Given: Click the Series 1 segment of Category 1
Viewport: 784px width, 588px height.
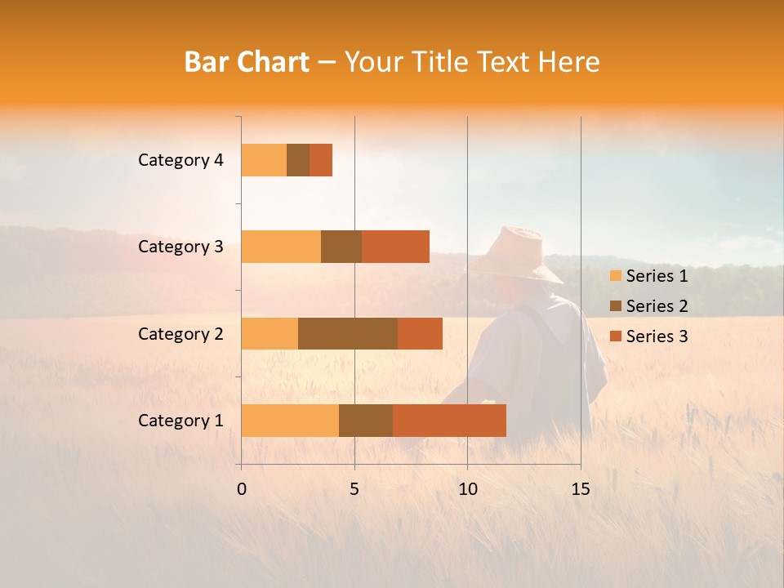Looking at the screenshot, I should (x=290, y=420).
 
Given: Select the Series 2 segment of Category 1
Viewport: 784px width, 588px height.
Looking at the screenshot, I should (x=366, y=420).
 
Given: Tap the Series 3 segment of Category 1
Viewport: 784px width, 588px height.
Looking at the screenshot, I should (x=449, y=420).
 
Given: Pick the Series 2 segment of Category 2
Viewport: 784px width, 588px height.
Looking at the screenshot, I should (x=348, y=333).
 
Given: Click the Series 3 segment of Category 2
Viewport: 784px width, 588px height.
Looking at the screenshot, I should (x=420, y=333).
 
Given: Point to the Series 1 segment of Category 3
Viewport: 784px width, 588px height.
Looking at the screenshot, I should (x=281, y=247).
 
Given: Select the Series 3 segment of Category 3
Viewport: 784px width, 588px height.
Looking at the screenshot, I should (x=395, y=247).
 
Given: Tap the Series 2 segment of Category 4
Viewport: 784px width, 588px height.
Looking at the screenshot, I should (x=298, y=160).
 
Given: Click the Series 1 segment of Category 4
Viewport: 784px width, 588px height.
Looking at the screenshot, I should (x=264, y=160).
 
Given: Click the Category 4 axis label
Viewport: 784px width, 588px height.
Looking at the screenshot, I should (x=180, y=160).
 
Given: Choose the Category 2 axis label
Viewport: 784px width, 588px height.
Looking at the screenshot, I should (x=180, y=333).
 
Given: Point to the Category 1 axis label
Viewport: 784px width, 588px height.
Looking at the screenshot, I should (x=180, y=421).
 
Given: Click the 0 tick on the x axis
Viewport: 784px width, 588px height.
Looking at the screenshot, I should (x=242, y=489).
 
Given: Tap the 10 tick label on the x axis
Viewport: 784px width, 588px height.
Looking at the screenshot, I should (x=467, y=489).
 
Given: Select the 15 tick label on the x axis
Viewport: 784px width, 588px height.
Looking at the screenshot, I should (x=581, y=489).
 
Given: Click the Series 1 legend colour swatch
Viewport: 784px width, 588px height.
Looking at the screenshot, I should (x=616, y=276).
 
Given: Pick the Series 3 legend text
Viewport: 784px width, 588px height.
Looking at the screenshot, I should (x=657, y=336).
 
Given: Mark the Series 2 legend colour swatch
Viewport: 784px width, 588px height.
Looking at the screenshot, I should (x=616, y=306).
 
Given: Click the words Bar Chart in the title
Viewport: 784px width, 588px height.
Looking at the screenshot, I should (x=247, y=62).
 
